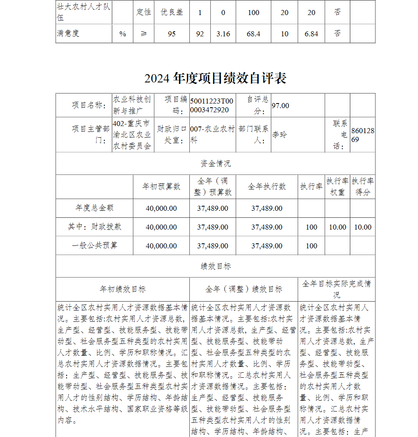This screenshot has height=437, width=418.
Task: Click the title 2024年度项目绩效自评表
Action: coord(215,78)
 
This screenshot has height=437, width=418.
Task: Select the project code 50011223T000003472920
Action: coord(212,106)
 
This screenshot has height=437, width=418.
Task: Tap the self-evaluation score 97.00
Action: coord(280,106)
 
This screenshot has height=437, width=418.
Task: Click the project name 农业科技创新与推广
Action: coord(132,105)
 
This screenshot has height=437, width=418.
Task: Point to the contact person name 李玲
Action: coord(280,135)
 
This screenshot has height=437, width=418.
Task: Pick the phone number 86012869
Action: coord(362,135)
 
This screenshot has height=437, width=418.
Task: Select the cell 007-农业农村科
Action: coord(212,135)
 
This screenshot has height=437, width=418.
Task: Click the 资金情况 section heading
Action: coord(215,163)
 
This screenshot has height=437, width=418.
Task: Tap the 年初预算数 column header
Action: coord(161,187)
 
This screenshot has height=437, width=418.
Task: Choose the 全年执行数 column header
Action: coord(267,187)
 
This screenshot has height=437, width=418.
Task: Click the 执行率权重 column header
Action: coord(337,187)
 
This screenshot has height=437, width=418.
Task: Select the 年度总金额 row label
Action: coord(94,208)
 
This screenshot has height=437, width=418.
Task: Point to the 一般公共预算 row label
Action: coord(94,245)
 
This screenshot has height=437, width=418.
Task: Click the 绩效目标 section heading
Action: coord(215,266)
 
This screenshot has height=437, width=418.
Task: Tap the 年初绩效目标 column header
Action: coord(122,289)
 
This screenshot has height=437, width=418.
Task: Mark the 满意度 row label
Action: coord(68,33)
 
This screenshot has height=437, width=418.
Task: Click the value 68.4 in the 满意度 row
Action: coord(253,34)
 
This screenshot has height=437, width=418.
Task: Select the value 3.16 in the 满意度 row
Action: coord(223,34)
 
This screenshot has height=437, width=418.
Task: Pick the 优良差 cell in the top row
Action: coord(172,12)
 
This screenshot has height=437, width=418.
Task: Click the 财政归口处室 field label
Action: coord(171,135)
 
